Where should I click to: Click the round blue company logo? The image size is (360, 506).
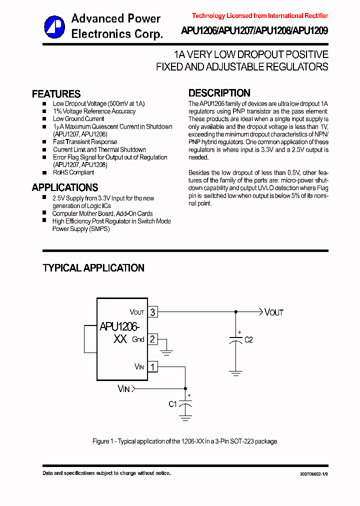pos(54,26)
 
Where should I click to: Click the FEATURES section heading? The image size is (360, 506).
pos(56,94)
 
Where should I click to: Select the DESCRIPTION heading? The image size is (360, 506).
pos(219,93)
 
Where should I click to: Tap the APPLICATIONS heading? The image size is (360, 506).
pos(64,187)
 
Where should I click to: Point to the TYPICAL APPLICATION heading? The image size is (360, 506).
pos(93,268)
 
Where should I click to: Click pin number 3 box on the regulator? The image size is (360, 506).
pos(152,312)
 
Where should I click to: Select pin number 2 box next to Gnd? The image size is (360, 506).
pos(152,339)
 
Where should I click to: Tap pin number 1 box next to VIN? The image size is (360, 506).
pos(152,367)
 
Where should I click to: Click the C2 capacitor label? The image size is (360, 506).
pos(248,340)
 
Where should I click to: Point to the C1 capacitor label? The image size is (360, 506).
pos(172,404)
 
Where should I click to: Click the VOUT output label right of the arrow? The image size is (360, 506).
pos(274,312)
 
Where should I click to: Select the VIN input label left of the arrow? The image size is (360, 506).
pos(123,388)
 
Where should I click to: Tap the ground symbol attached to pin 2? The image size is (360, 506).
pos(166,352)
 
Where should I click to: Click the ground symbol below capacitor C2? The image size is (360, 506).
pos(235,372)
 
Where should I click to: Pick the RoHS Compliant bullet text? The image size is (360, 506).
pos(73,172)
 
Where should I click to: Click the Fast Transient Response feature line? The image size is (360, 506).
pos(85,142)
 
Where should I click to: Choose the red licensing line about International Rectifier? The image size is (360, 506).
pos(260,16)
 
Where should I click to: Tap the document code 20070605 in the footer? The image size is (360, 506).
pos(314,473)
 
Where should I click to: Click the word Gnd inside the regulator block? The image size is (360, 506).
pos(138,339)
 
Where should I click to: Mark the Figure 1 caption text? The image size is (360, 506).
pos(185,441)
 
